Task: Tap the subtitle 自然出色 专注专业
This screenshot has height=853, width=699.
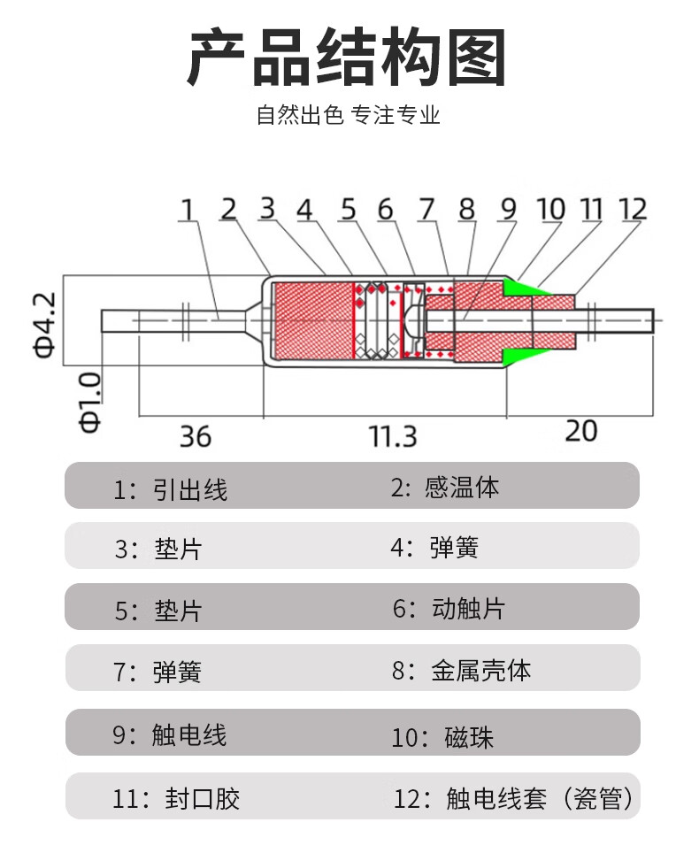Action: point(348,115)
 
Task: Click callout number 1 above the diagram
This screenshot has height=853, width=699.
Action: point(187,210)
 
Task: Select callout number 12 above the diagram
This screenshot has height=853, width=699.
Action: point(633,210)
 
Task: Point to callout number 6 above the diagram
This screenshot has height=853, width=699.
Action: point(385,210)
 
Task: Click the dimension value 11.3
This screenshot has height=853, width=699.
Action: point(393,435)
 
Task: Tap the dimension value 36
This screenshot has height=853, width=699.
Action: point(196,435)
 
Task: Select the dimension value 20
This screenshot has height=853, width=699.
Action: point(580,431)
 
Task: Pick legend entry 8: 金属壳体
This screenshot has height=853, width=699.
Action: point(461,670)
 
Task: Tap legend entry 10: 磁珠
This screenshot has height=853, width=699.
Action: point(442,736)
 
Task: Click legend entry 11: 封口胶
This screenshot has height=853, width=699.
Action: point(176,799)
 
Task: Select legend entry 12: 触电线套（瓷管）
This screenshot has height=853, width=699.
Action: point(513,799)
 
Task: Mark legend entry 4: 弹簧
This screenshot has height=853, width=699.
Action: point(434,548)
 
